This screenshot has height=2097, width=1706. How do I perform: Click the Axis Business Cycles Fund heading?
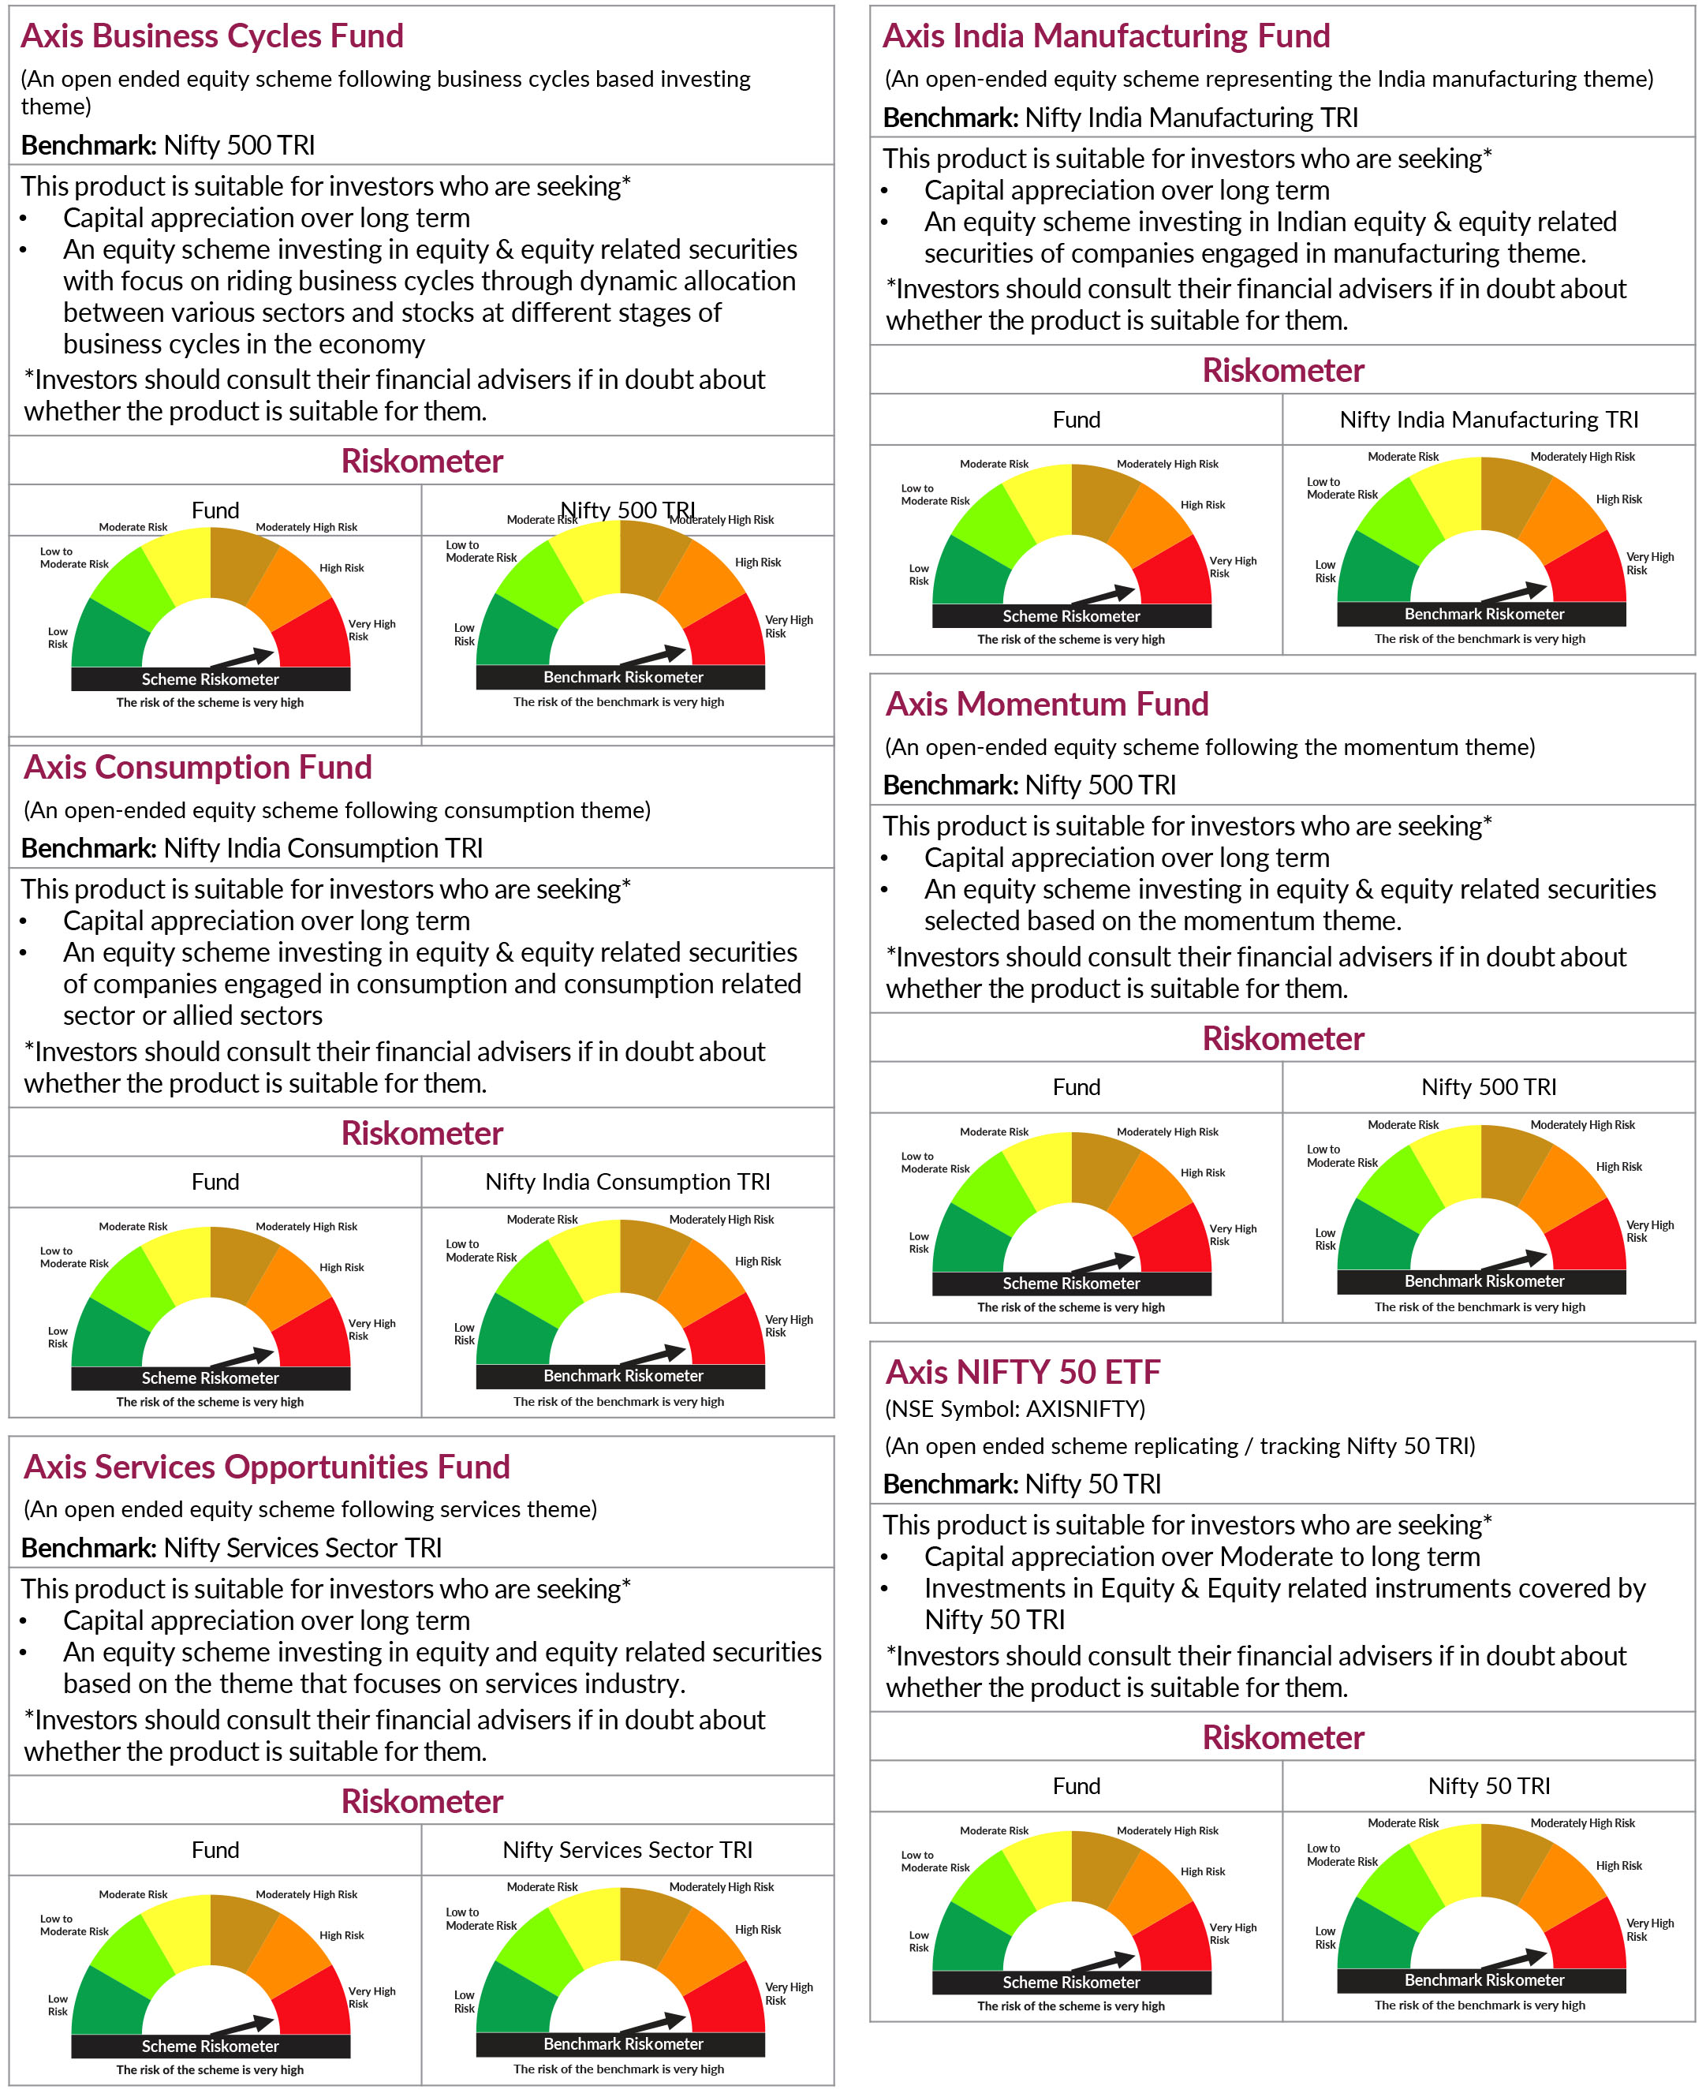[212, 36]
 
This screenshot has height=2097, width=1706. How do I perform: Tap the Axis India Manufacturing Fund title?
[1106, 36]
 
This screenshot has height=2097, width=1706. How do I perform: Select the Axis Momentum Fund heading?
[1047, 704]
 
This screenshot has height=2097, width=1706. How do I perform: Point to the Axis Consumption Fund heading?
[197, 767]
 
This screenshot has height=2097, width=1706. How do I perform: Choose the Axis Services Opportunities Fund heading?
[267, 1467]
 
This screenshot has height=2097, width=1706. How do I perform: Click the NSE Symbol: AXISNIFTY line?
[1014, 1409]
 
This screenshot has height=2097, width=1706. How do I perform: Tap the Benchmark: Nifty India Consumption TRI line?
[252, 848]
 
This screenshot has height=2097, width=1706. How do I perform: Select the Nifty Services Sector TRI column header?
[627, 1850]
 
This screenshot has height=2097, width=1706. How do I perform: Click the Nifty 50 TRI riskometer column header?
[1489, 1786]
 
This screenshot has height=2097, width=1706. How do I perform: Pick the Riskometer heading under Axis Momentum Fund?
[1282, 1039]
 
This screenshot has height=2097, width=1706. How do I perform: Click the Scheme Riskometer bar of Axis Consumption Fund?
[211, 1378]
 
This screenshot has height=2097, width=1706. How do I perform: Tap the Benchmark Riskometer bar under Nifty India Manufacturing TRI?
[1483, 615]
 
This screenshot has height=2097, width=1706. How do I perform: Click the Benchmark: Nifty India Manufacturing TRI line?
[1119, 118]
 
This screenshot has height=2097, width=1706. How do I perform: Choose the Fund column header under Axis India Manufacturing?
[1076, 420]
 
